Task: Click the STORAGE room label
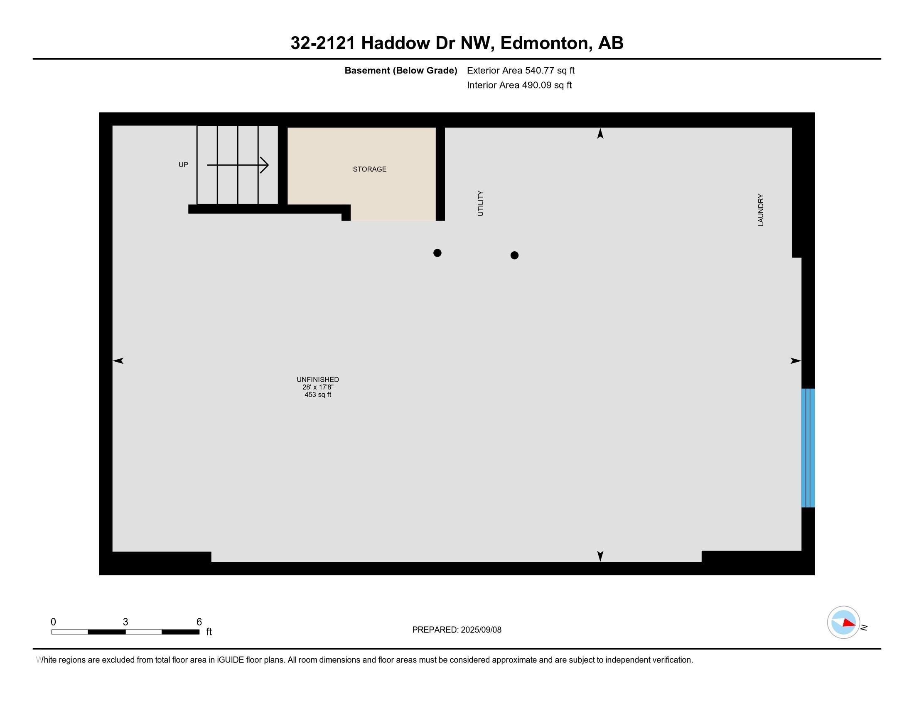369,169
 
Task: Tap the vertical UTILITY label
480,203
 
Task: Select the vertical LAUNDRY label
761,210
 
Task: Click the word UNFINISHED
318,379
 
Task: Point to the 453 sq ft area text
318,395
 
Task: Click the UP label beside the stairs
183,165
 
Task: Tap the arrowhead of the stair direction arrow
264,165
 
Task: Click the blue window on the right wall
808,448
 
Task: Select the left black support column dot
437,252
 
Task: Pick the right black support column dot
514,255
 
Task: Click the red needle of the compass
849,623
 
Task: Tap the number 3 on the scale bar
125,622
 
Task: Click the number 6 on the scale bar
199,622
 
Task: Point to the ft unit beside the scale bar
209,632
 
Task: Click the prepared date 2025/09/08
481,630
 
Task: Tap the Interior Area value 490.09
535,85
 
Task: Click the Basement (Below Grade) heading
400,71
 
